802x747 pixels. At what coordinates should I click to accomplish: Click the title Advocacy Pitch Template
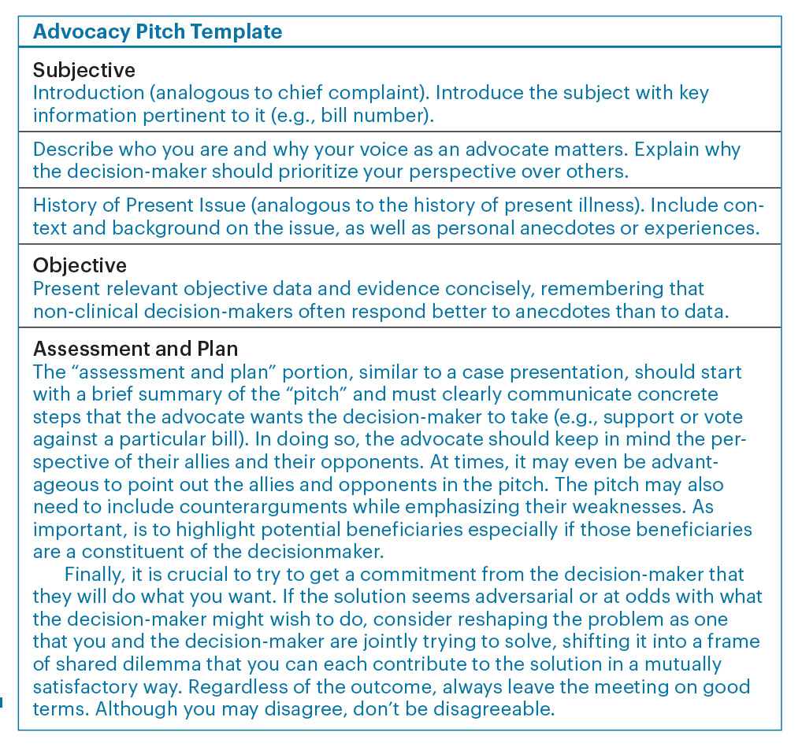[158, 32]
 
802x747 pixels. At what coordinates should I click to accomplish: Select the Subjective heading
[84, 70]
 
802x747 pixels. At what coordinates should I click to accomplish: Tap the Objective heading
[80, 265]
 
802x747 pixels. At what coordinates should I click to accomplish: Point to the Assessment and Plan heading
[134, 347]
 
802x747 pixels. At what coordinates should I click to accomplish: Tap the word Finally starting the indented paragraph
[93, 574]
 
